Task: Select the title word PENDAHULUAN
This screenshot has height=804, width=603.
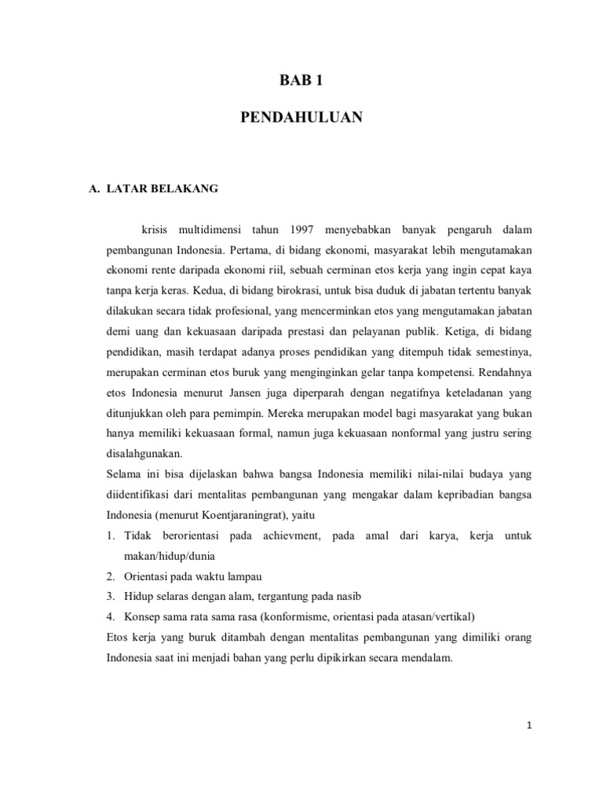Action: (x=301, y=118)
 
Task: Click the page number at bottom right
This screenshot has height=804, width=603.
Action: (x=531, y=725)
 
